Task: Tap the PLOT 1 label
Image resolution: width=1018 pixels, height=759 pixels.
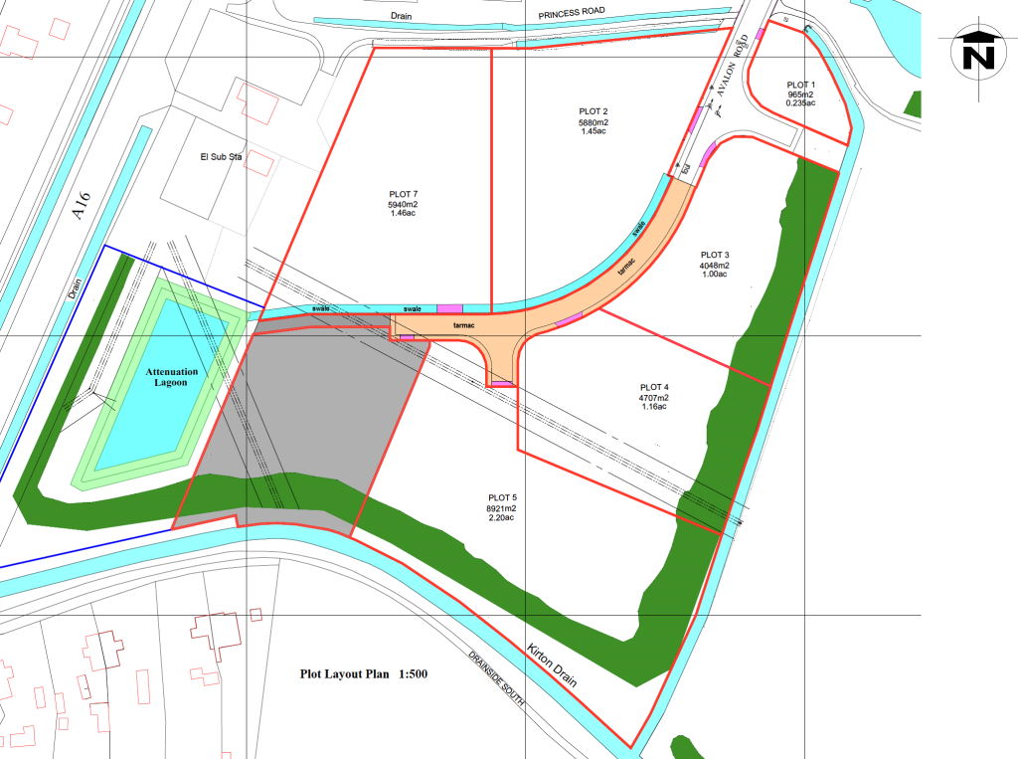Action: (x=800, y=86)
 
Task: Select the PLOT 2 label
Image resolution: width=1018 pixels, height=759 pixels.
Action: (x=594, y=111)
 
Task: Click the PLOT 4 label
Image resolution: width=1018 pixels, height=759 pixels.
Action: (x=654, y=387)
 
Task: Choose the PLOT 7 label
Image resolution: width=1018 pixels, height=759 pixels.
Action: (x=403, y=194)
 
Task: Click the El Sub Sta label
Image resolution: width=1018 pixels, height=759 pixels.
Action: (x=222, y=157)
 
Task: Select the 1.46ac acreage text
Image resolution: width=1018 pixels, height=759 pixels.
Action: (x=402, y=214)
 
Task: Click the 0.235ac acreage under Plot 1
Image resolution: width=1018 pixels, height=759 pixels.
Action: (x=800, y=103)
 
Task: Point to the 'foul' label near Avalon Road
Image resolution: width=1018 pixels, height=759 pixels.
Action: (x=685, y=169)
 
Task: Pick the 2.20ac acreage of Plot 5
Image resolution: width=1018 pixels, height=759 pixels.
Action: (x=502, y=519)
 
